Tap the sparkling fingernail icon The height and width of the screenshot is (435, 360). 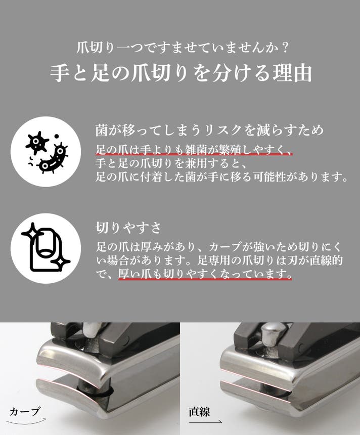(46, 247)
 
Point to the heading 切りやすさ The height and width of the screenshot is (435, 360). (128, 227)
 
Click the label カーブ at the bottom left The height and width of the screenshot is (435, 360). (25, 412)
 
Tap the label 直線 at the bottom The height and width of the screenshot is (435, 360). (199, 412)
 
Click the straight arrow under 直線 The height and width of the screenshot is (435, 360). (205, 422)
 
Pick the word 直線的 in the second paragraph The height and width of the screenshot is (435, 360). (327, 260)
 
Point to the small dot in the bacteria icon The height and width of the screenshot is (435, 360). (57, 136)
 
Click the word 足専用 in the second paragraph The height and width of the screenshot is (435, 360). (214, 260)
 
